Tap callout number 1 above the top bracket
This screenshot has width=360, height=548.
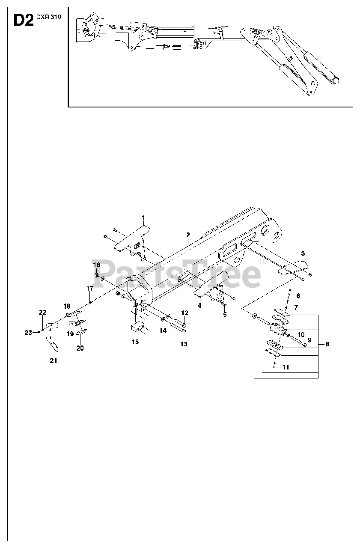144,218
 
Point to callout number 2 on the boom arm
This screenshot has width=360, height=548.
187,235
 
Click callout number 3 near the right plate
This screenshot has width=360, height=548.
303,253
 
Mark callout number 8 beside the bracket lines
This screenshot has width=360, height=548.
327,343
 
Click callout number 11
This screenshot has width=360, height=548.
286,367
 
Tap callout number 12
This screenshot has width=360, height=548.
184,313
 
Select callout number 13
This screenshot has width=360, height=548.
184,344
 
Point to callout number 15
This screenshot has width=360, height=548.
135,342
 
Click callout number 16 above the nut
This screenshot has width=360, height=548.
97,265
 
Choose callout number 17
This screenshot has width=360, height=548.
89,289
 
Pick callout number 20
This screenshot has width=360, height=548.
80,348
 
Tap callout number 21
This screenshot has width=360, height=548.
53,360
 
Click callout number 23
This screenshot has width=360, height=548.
28,332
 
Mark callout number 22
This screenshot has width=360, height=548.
42,313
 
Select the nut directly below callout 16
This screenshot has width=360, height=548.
97,275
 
